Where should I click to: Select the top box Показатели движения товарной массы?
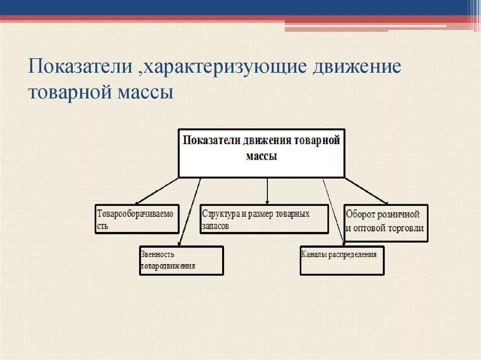(x=261, y=153)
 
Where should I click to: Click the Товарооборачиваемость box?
(x=137, y=219)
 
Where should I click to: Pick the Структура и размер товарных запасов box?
(x=264, y=219)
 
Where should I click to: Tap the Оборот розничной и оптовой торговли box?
(x=386, y=222)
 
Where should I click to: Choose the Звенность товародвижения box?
(x=181, y=260)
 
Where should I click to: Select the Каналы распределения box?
(x=342, y=260)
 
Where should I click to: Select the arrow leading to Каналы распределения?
(x=334, y=211)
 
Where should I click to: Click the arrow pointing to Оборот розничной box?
(x=366, y=191)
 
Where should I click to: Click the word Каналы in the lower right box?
(x=312, y=254)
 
